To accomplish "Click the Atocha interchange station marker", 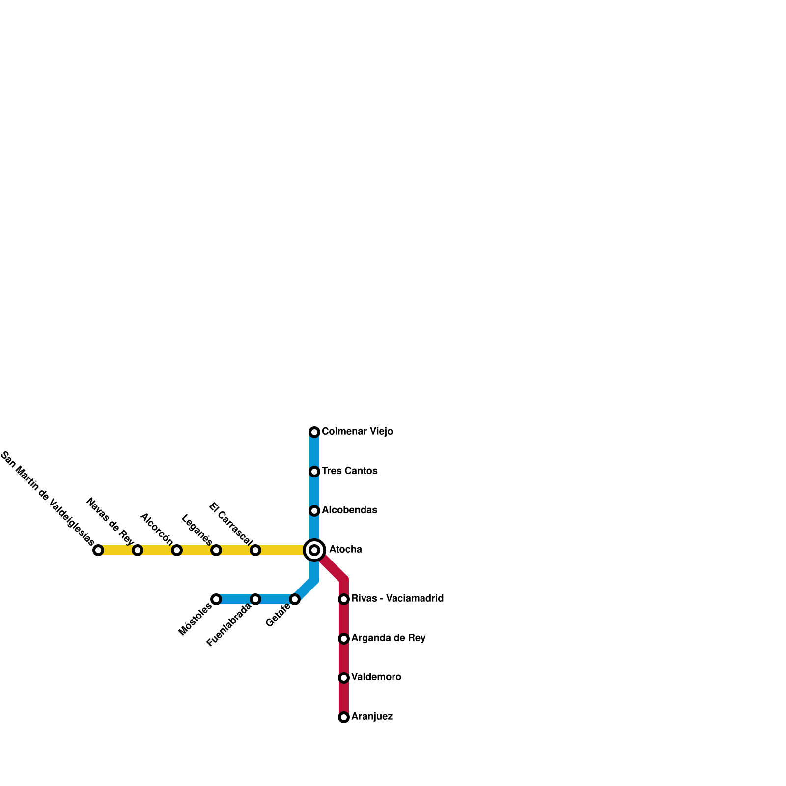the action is coord(314,550).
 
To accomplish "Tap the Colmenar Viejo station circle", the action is coord(314,432).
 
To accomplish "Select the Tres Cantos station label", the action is coord(349,471).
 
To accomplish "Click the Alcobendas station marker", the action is coord(314,510).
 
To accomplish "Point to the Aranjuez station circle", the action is coord(344,717).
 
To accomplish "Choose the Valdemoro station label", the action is coord(376,677).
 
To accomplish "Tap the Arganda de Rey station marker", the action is coord(344,638).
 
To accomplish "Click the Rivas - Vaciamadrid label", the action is coord(397,598).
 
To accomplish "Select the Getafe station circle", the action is coord(295,599).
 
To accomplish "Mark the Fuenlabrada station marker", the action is coord(255,599).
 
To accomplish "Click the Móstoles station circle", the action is coord(216,599).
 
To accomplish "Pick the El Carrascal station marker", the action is coord(255,550).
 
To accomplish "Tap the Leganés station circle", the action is coord(216,550).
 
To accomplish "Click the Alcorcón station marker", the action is coord(177,550).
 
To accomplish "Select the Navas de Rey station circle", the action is coord(138,550).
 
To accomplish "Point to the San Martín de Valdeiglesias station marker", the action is coord(98,550).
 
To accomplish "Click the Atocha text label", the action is coord(345,549).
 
